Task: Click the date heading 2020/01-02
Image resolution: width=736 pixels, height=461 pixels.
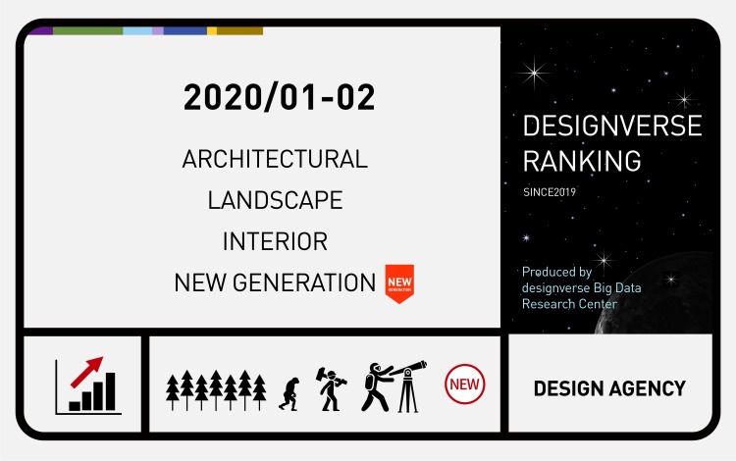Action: pyautogui.click(x=280, y=97)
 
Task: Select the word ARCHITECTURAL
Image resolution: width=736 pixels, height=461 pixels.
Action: pyautogui.click(x=275, y=159)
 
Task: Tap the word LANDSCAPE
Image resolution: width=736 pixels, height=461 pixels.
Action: pyautogui.click(x=275, y=200)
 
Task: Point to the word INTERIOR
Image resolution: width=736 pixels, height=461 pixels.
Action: pyautogui.click(x=275, y=241)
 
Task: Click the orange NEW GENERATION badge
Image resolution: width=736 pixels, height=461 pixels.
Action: pyautogui.click(x=399, y=282)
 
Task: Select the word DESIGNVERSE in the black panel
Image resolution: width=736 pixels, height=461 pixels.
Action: pyautogui.click(x=612, y=126)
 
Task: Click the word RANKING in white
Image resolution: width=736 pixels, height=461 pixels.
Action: pyautogui.click(x=582, y=161)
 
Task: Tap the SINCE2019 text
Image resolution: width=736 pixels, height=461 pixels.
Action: pyautogui.click(x=550, y=192)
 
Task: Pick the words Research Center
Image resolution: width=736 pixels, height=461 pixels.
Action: pyautogui.click(x=569, y=304)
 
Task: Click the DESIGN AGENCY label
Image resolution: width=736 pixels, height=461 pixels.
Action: pyautogui.click(x=609, y=388)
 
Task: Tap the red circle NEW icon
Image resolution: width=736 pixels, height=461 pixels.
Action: pyautogui.click(x=465, y=384)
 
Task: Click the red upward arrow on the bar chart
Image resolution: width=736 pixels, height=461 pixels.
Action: pyautogui.click(x=86, y=372)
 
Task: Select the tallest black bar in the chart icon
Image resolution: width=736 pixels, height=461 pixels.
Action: pyautogui.click(x=110, y=391)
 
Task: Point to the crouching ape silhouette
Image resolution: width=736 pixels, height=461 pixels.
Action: pyautogui.click(x=289, y=394)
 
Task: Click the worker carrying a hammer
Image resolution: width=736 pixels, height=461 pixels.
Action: pyautogui.click(x=331, y=388)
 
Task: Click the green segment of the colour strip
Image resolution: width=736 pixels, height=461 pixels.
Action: pyautogui.click(x=87, y=31)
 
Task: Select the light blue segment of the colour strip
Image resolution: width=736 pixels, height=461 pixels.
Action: pyautogui.click(x=137, y=31)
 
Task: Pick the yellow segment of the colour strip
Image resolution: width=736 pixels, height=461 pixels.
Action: pyautogui.click(x=212, y=31)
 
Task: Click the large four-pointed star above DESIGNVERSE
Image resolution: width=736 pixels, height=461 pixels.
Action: pyautogui.click(x=534, y=73)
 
